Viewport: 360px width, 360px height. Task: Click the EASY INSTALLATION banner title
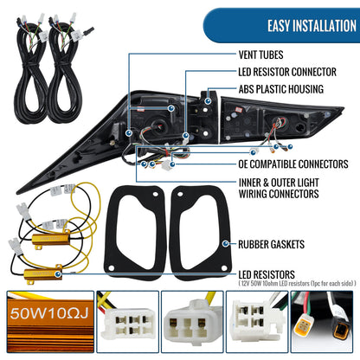312,26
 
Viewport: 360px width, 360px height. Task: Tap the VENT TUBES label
260,55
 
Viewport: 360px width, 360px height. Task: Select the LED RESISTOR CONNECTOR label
287,72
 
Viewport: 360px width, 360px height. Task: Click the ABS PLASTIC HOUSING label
281,89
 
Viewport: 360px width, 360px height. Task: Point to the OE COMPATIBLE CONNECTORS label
293,164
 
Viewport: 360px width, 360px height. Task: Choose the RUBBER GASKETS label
271,244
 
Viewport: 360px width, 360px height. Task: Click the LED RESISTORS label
267,274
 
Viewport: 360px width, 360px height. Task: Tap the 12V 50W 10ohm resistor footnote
297,284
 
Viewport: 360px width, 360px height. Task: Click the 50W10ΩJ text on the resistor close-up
48,313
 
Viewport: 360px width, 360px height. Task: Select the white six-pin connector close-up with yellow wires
128,322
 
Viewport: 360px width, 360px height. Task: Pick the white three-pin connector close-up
192,322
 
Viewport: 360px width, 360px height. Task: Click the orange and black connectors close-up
322,322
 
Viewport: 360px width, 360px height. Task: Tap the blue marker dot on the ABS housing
208,101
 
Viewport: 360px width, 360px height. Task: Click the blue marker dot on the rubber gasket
226,244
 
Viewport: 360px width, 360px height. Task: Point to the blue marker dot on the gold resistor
58,273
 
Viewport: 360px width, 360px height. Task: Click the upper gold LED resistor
51,240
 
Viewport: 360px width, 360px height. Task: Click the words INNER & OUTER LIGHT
279,183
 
